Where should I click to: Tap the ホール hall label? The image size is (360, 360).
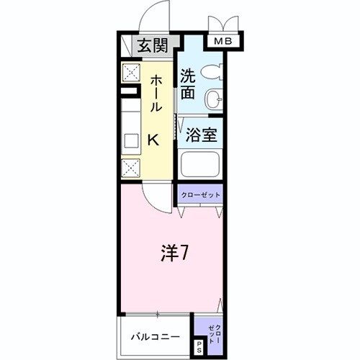(155, 94)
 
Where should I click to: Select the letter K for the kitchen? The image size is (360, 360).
(153, 140)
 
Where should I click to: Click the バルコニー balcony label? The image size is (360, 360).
(156, 336)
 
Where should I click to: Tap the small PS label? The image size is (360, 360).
(199, 348)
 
